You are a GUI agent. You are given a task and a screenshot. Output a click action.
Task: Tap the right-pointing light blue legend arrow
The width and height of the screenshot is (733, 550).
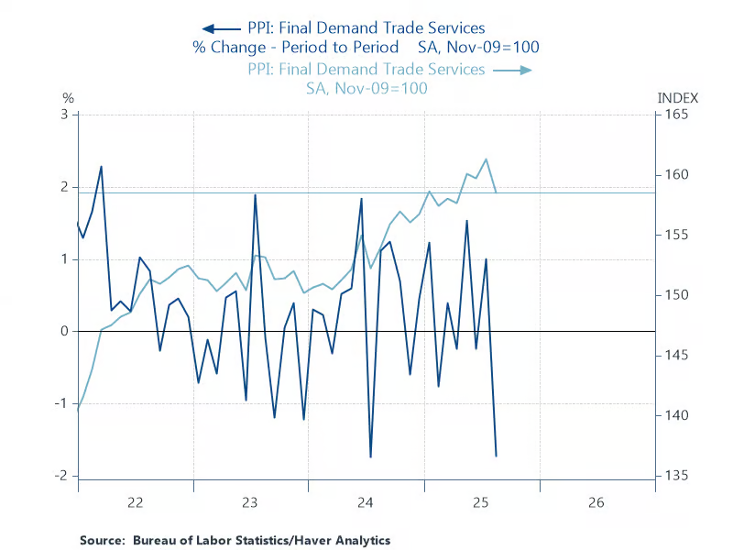click(520, 69)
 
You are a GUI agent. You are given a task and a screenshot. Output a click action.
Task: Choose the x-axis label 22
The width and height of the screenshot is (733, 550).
click(136, 502)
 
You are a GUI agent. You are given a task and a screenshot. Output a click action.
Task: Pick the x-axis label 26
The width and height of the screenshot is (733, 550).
click(597, 502)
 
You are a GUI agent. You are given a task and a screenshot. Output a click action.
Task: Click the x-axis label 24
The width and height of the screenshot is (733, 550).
click(366, 502)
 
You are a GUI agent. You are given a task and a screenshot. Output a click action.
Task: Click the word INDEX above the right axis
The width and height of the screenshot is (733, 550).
click(678, 97)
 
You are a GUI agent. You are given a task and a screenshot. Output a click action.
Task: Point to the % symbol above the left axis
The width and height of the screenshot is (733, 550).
click(67, 97)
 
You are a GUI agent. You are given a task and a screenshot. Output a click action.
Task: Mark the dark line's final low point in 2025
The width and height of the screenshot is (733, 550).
click(496, 456)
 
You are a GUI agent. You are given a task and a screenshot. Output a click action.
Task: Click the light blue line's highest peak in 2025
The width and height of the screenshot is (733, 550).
click(486, 159)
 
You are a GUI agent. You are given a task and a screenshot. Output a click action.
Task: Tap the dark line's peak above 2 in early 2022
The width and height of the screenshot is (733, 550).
click(101, 167)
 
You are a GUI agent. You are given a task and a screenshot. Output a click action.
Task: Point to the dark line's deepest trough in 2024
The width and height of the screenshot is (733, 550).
click(371, 456)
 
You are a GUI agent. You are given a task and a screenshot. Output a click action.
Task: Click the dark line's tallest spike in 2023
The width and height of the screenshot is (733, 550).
click(255, 194)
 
